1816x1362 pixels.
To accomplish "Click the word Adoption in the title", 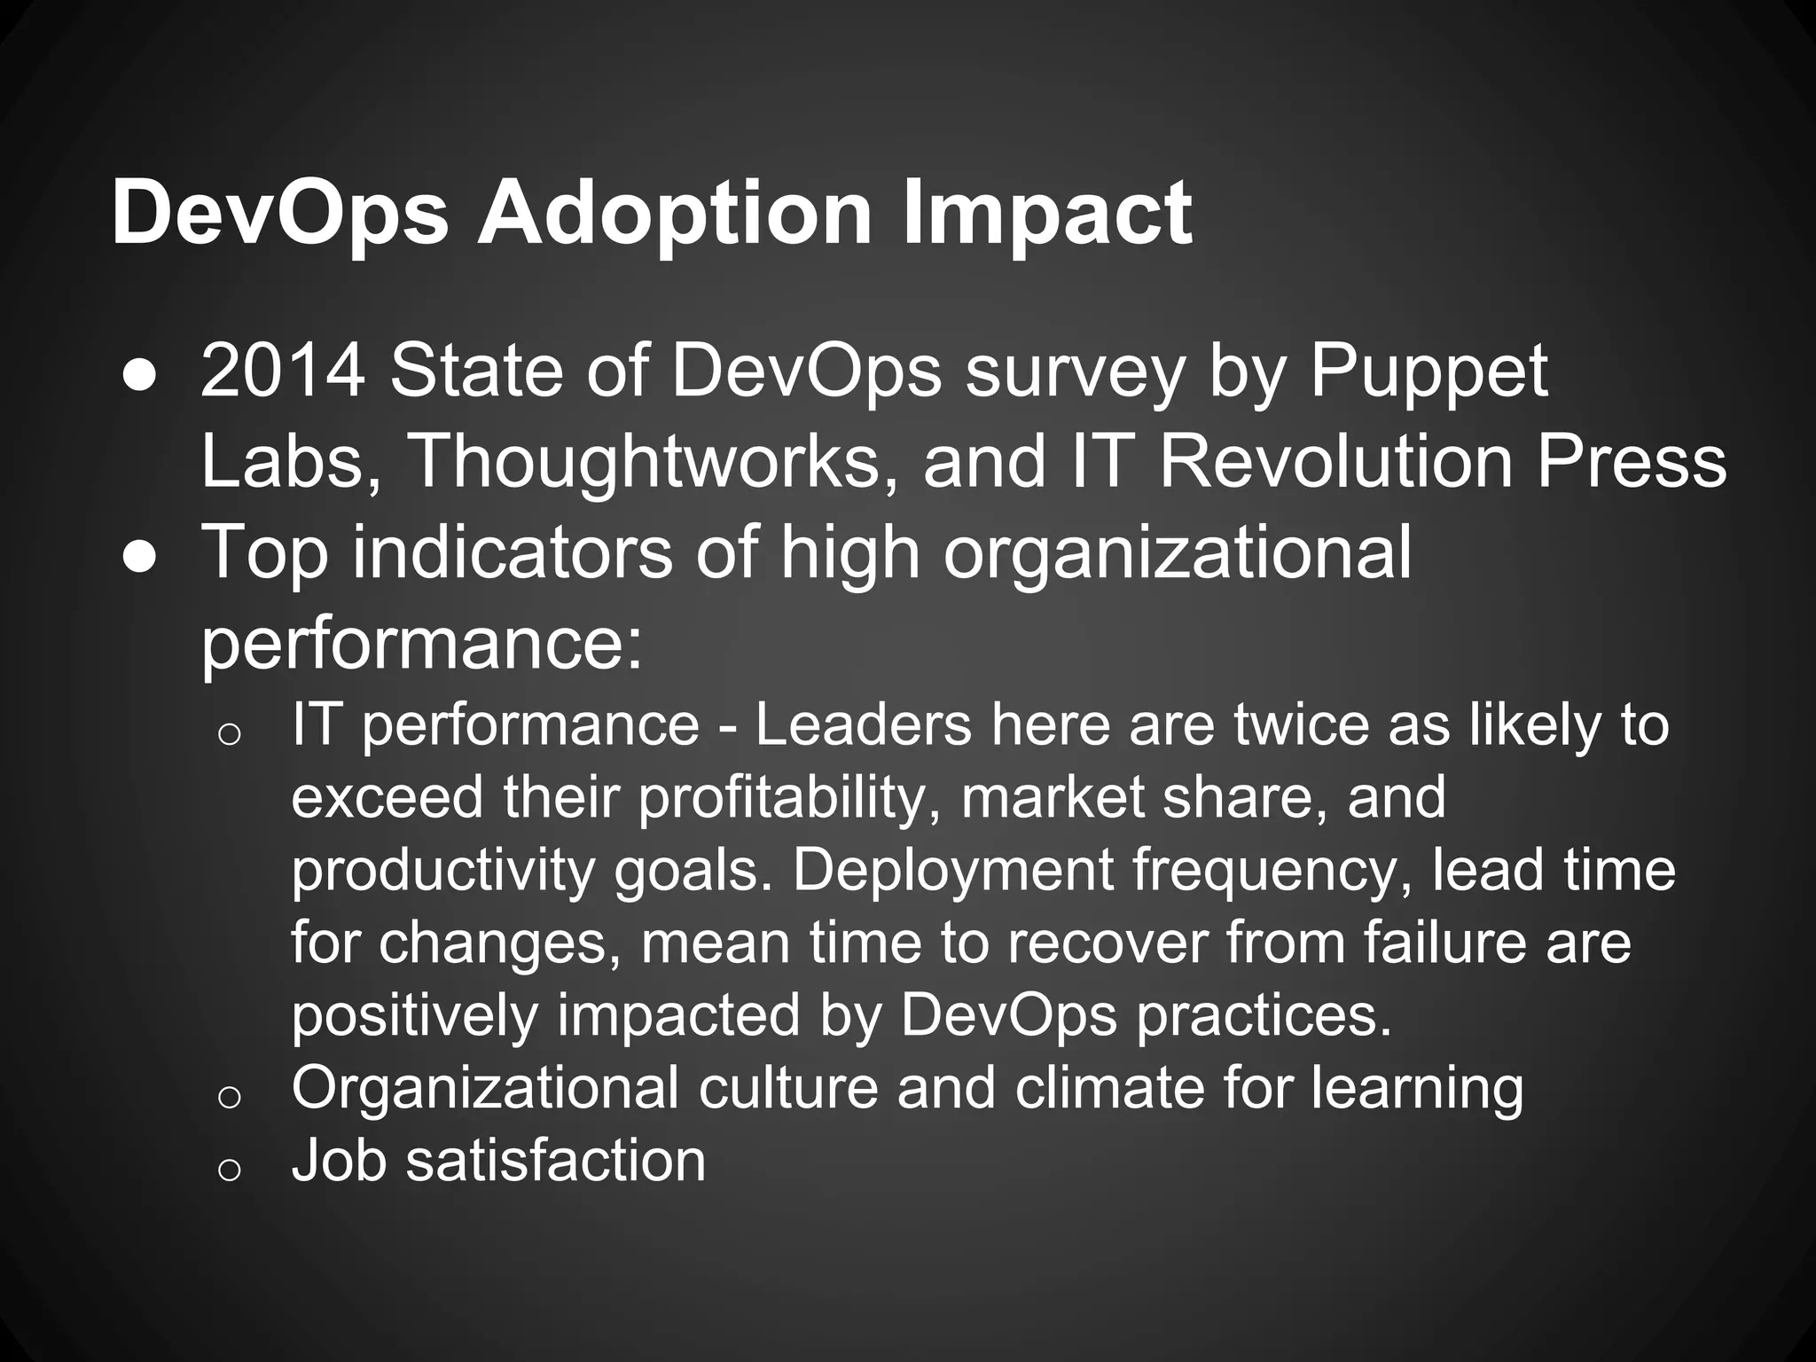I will (x=675, y=214).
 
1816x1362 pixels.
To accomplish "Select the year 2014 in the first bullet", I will (x=283, y=372).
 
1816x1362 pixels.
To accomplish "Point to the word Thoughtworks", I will (x=652, y=462).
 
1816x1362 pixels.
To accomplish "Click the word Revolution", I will (x=1335, y=462).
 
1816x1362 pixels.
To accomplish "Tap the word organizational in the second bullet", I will (x=1177, y=552).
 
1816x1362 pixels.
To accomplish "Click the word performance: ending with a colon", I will (x=421, y=643).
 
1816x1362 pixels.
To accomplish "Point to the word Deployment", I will (x=952, y=870).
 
